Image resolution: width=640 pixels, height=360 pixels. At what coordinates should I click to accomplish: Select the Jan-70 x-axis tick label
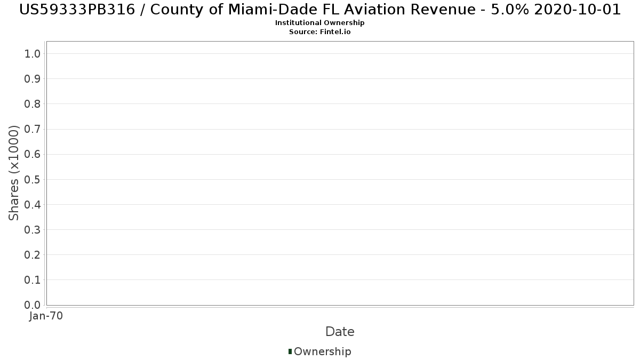[x=46, y=316]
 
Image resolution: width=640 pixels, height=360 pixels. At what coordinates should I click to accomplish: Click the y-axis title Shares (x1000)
[x=14, y=173]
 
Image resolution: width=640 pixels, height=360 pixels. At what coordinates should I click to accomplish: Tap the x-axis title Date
[x=340, y=332]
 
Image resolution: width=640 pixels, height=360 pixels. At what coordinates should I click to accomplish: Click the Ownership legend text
[x=322, y=351]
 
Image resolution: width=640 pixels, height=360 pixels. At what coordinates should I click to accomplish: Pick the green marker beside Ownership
[x=290, y=351]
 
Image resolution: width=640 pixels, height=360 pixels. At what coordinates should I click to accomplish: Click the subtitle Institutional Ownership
[x=320, y=23]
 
